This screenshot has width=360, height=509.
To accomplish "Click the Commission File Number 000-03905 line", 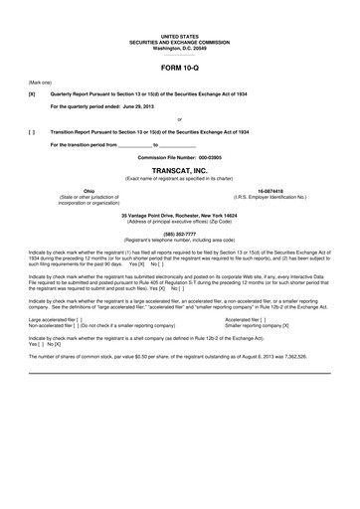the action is point(179,157).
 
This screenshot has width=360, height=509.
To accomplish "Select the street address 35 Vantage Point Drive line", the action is point(179,214).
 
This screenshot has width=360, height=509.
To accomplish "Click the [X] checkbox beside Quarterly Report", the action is point(33,90).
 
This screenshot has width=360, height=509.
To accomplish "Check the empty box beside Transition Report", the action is point(33,131).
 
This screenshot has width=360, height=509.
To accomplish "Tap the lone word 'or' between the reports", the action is point(179,118).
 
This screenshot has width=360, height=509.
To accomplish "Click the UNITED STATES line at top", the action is point(179,9).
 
